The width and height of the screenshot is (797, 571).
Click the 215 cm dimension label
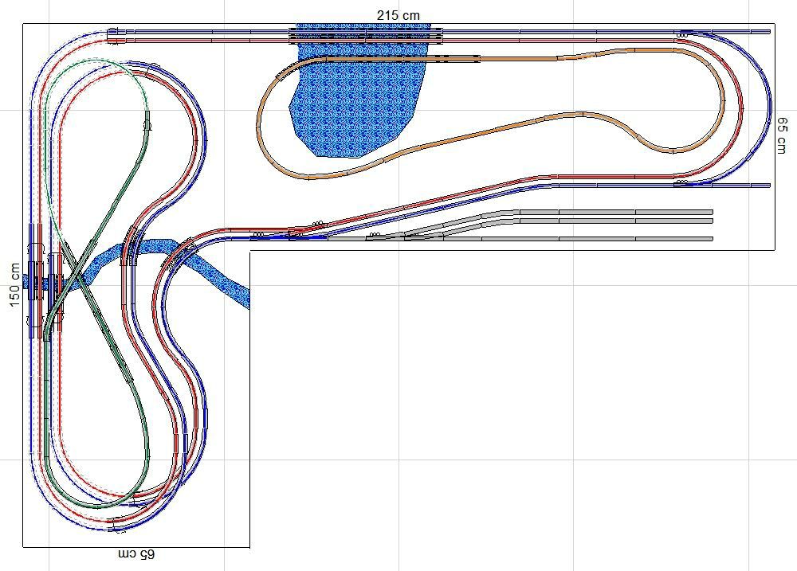pos(398,16)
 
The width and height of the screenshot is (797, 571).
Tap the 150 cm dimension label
pos(14,285)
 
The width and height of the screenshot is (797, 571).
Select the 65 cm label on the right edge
pos(783,135)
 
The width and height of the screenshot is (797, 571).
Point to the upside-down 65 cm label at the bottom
pos(136,554)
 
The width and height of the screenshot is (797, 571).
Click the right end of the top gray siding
pos(712,212)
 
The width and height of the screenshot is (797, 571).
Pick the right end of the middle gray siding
pos(712,221)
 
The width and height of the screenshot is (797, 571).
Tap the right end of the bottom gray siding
pos(712,239)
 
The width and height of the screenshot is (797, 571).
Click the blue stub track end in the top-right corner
pos(770,32)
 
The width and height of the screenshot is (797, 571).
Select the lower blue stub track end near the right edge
pos(770,186)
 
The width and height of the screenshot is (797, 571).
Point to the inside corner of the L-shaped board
pos(249,250)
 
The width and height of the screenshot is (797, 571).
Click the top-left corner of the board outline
pos(23,23)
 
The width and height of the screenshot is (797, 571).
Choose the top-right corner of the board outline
pos(775,23)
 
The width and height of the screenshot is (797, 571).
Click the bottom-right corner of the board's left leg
pos(249,547)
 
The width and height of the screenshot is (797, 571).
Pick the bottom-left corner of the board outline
pos(23,547)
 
